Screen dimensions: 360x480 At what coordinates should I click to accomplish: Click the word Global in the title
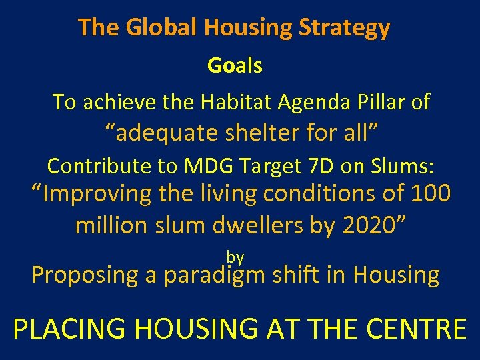(162, 28)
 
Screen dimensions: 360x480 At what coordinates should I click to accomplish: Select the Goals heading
(235, 65)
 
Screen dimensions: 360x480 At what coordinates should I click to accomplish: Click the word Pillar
(377, 102)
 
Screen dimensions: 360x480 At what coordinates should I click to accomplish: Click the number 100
(431, 194)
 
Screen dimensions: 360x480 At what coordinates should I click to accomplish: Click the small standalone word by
(235, 257)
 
